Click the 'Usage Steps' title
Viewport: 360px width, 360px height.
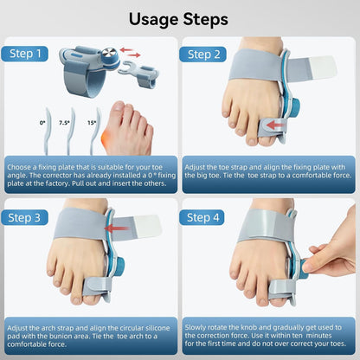click(179, 18)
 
